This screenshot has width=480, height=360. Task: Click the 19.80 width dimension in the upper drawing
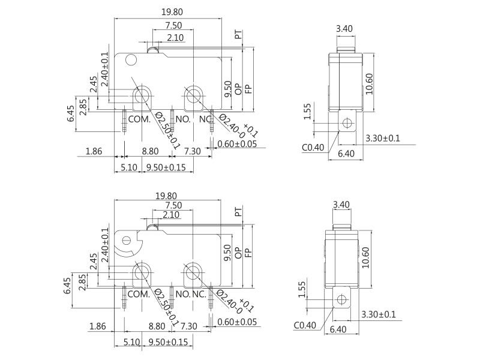pyautogui.click(x=169, y=11)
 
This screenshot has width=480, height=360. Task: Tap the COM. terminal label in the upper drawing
pyautogui.click(x=139, y=119)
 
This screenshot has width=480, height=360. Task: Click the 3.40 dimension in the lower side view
pyautogui.click(x=340, y=205)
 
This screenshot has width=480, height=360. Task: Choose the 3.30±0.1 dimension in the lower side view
pyautogui.click(x=378, y=314)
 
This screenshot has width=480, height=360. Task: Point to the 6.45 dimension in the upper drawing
pyautogui.click(x=71, y=113)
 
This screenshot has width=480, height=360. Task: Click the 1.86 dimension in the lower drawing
pyautogui.click(x=98, y=326)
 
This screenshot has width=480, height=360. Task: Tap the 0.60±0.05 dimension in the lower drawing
pyautogui.click(x=237, y=322)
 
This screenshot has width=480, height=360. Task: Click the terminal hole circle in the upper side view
pyautogui.click(x=346, y=124)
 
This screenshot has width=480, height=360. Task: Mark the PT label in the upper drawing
pyautogui.click(x=238, y=35)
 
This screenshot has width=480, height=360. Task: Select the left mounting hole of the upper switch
pyautogui.click(x=142, y=96)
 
